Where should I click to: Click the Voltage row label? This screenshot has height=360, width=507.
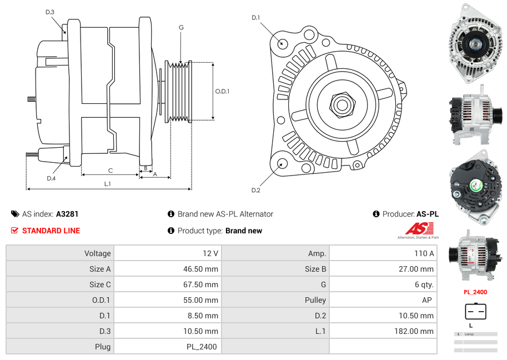click(98, 253)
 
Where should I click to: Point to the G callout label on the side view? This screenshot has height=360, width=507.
click(181, 27)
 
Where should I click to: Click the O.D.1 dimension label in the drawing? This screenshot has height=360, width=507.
click(222, 92)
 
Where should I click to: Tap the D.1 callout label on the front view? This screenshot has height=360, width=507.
click(255, 18)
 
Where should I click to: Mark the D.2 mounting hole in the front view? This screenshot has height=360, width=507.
click(282, 163)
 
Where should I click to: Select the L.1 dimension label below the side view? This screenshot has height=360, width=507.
click(108, 183)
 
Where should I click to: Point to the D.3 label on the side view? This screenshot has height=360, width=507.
click(50, 12)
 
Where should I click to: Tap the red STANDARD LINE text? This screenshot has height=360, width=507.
click(51, 231)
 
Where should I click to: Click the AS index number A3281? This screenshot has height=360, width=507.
click(67, 214)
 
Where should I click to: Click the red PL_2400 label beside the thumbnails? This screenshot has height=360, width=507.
click(475, 292)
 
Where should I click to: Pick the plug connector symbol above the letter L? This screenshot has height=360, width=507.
click(475, 312)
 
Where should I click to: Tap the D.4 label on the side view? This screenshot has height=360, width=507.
click(51, 178)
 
